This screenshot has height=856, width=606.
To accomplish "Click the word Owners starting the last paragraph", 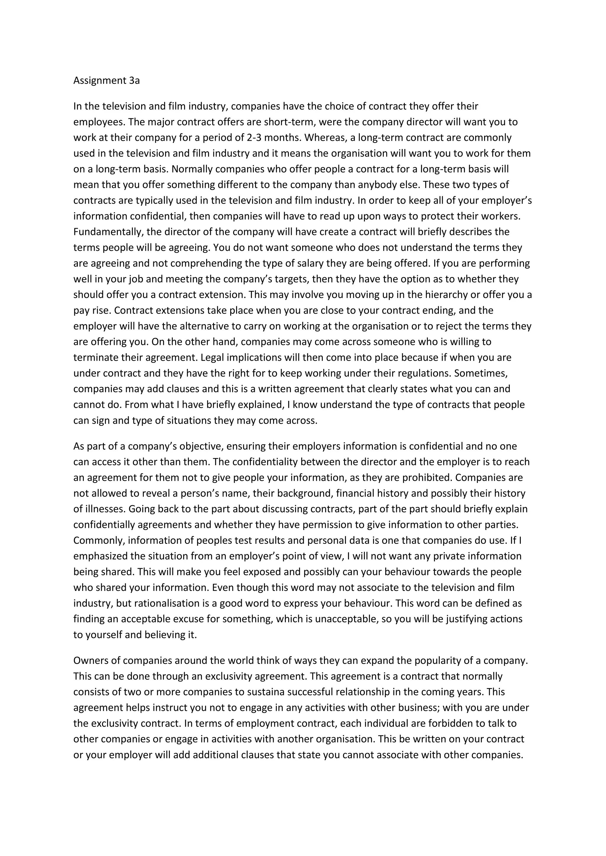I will click(91, 660).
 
